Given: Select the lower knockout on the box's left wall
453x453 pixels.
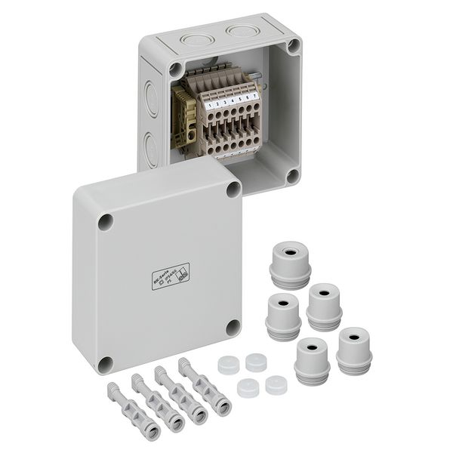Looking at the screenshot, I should (x=151, y=147).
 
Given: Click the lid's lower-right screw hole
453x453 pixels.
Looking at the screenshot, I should (x=233, y=328).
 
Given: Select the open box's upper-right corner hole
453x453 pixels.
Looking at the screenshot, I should (x=293, y=45).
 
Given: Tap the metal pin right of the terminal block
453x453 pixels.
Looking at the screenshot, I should (x=258, y=76).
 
